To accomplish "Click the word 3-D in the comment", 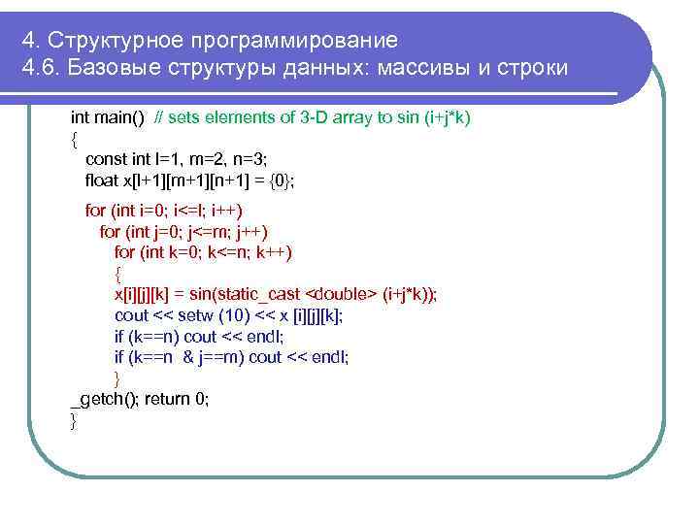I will pos(316,117).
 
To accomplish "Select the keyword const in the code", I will pos(106,159).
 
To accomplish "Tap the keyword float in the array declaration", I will pos(103,180).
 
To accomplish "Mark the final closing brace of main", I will pos(74,419).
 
